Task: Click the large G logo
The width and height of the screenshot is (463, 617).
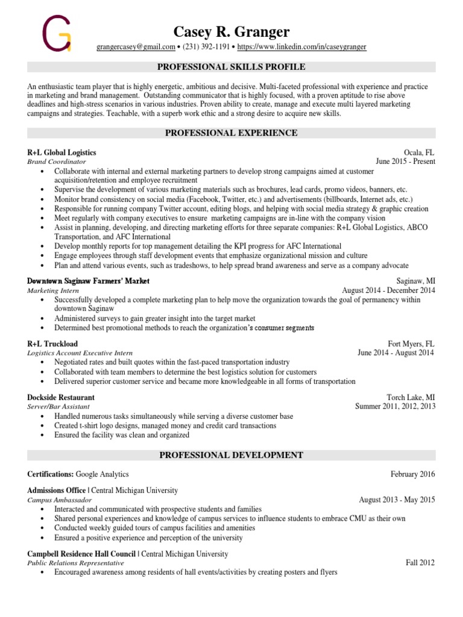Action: (x=56, y=34)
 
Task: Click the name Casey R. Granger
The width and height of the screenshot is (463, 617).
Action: (x=231, y=31)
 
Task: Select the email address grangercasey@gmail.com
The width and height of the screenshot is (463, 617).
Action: (x=136, y=46)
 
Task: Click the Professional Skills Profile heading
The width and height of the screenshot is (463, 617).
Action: (x=231, y=67)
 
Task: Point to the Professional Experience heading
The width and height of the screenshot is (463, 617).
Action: (x=231, y=133)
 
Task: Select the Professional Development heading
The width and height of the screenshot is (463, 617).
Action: (x=231, y=455)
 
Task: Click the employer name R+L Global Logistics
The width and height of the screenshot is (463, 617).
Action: (x=61, y=152)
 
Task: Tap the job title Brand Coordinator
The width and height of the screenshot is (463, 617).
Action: (x=57, y=161)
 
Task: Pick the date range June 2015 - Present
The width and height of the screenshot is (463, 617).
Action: (x=405, y=161)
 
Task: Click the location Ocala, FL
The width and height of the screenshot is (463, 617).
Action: (x=420, y=152)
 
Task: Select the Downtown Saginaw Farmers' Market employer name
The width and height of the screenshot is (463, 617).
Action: (x=89, y=281)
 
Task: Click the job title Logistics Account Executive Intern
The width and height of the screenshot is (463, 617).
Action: (x=80, y=352)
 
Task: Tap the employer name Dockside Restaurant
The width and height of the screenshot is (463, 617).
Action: (x=61, y=398)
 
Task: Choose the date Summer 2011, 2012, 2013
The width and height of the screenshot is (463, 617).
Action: (x=395, y=407)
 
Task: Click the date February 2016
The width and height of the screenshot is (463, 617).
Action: (x=412, y=474)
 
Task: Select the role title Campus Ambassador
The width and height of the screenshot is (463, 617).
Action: (x=60, y=500)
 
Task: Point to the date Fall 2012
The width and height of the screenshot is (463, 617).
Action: (x=420, y=563)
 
